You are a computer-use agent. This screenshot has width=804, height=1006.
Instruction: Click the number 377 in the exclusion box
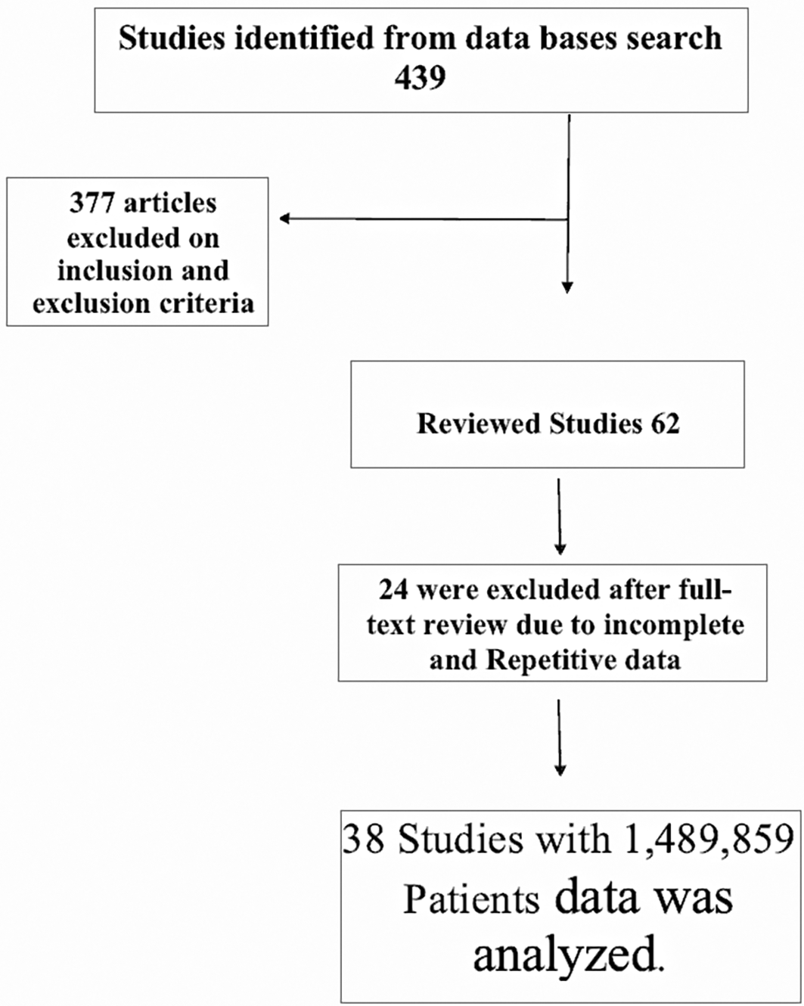(x=92, y=203)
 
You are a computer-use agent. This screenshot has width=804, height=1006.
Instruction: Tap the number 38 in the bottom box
(x=363, y=840)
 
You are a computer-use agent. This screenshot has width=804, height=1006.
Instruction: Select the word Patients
(x=470, y=900)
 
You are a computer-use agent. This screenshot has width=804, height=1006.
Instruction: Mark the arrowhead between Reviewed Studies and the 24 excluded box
(x=560, y=548)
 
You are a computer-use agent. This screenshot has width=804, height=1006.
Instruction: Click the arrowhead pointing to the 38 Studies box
(x=560, y=769)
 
